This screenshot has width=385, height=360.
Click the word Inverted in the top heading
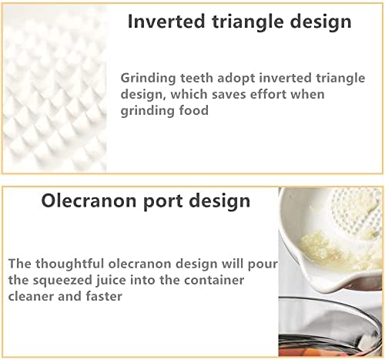166,22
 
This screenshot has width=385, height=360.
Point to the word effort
268,94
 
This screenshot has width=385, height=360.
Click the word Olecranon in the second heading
89,200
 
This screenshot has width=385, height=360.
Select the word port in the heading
164,202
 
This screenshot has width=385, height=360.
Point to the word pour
263,264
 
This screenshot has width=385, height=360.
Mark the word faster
104,296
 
